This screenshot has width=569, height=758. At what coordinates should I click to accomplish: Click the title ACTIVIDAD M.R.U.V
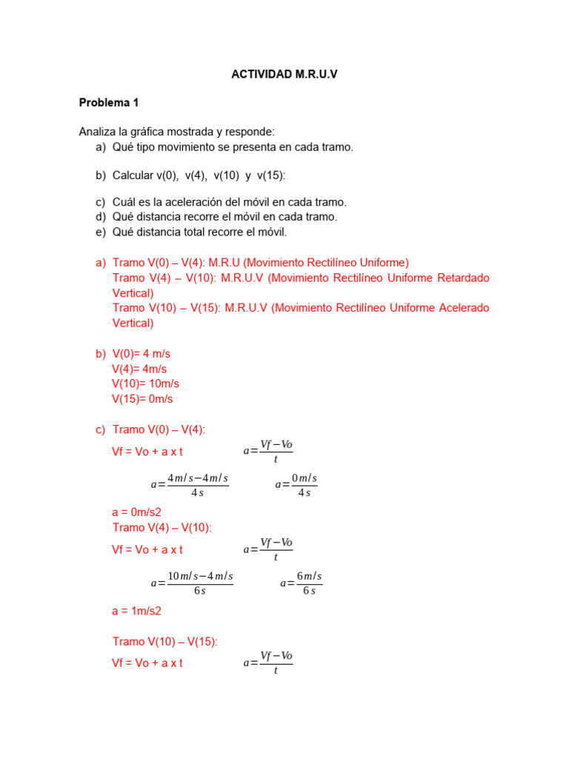tap(284, 74)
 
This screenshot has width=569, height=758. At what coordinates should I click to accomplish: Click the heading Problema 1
tap(109, 103)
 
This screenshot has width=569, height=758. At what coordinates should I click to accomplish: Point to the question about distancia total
tap(199, 232)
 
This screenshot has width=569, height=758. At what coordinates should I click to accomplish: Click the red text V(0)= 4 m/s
tap(142, 354)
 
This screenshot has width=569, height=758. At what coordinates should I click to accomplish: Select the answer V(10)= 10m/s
tap(146, 383)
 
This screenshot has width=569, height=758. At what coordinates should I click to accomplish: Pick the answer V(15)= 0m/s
tap(142, 398)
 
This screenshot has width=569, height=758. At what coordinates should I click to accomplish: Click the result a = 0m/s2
tap(136, 512)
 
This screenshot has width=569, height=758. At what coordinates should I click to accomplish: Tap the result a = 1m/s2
tap(136, 611)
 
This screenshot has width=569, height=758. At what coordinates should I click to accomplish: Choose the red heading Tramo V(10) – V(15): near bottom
tap(165, 641)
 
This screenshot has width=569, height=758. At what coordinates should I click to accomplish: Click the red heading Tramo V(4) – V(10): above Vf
tap(162, 527)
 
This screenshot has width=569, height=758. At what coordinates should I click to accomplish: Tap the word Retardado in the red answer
tap(463, 278)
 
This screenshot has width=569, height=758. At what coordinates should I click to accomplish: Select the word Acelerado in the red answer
tap(462, 307)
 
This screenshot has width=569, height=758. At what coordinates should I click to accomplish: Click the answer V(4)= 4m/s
tap(139, 369)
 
